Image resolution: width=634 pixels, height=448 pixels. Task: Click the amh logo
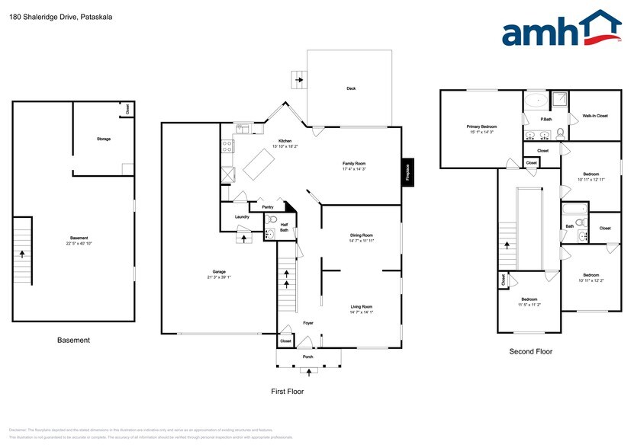point(562,30)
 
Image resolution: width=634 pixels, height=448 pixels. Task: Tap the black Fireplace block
point(407,171)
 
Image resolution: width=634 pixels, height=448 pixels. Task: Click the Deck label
point(351,89)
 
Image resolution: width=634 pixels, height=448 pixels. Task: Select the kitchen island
point(258,163)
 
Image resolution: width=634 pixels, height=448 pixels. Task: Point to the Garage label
point(219,273)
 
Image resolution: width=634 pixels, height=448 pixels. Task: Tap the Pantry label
point(267,206)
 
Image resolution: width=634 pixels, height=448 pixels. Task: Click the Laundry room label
point(242,217)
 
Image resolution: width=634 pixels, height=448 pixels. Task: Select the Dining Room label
point(361,237)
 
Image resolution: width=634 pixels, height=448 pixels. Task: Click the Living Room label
point(361,308)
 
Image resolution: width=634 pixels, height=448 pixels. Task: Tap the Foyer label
point(308,323)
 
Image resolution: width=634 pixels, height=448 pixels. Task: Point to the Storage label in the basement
point(103,139)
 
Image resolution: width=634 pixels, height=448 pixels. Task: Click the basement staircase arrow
point(22,255)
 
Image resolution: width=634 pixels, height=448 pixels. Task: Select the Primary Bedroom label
point(482,128)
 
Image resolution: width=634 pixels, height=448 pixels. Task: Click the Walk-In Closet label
point(595,116)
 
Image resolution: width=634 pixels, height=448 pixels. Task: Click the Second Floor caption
point(531,352)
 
